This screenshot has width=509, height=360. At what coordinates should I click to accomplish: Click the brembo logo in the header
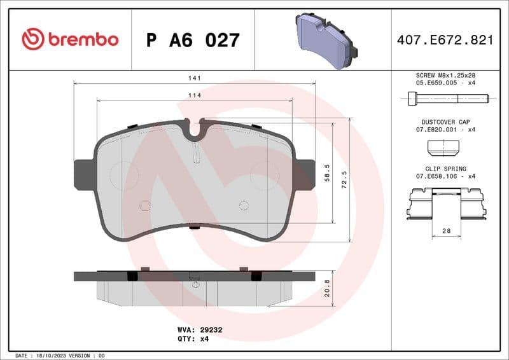(x=70, y=39)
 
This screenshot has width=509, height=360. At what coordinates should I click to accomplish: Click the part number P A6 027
(x=193, y=40)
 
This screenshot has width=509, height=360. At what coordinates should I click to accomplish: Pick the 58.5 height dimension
(x=327, y=172)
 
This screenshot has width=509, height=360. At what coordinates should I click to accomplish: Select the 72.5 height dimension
(x=344, y=180)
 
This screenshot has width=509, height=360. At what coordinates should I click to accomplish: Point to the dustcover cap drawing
(x=443, y=149)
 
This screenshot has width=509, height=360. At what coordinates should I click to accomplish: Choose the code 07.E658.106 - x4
(x=445, y=176)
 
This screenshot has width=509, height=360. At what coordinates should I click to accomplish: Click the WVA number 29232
(x=211, y=330)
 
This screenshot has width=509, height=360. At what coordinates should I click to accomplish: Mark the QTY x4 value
(x=204, y=339)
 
